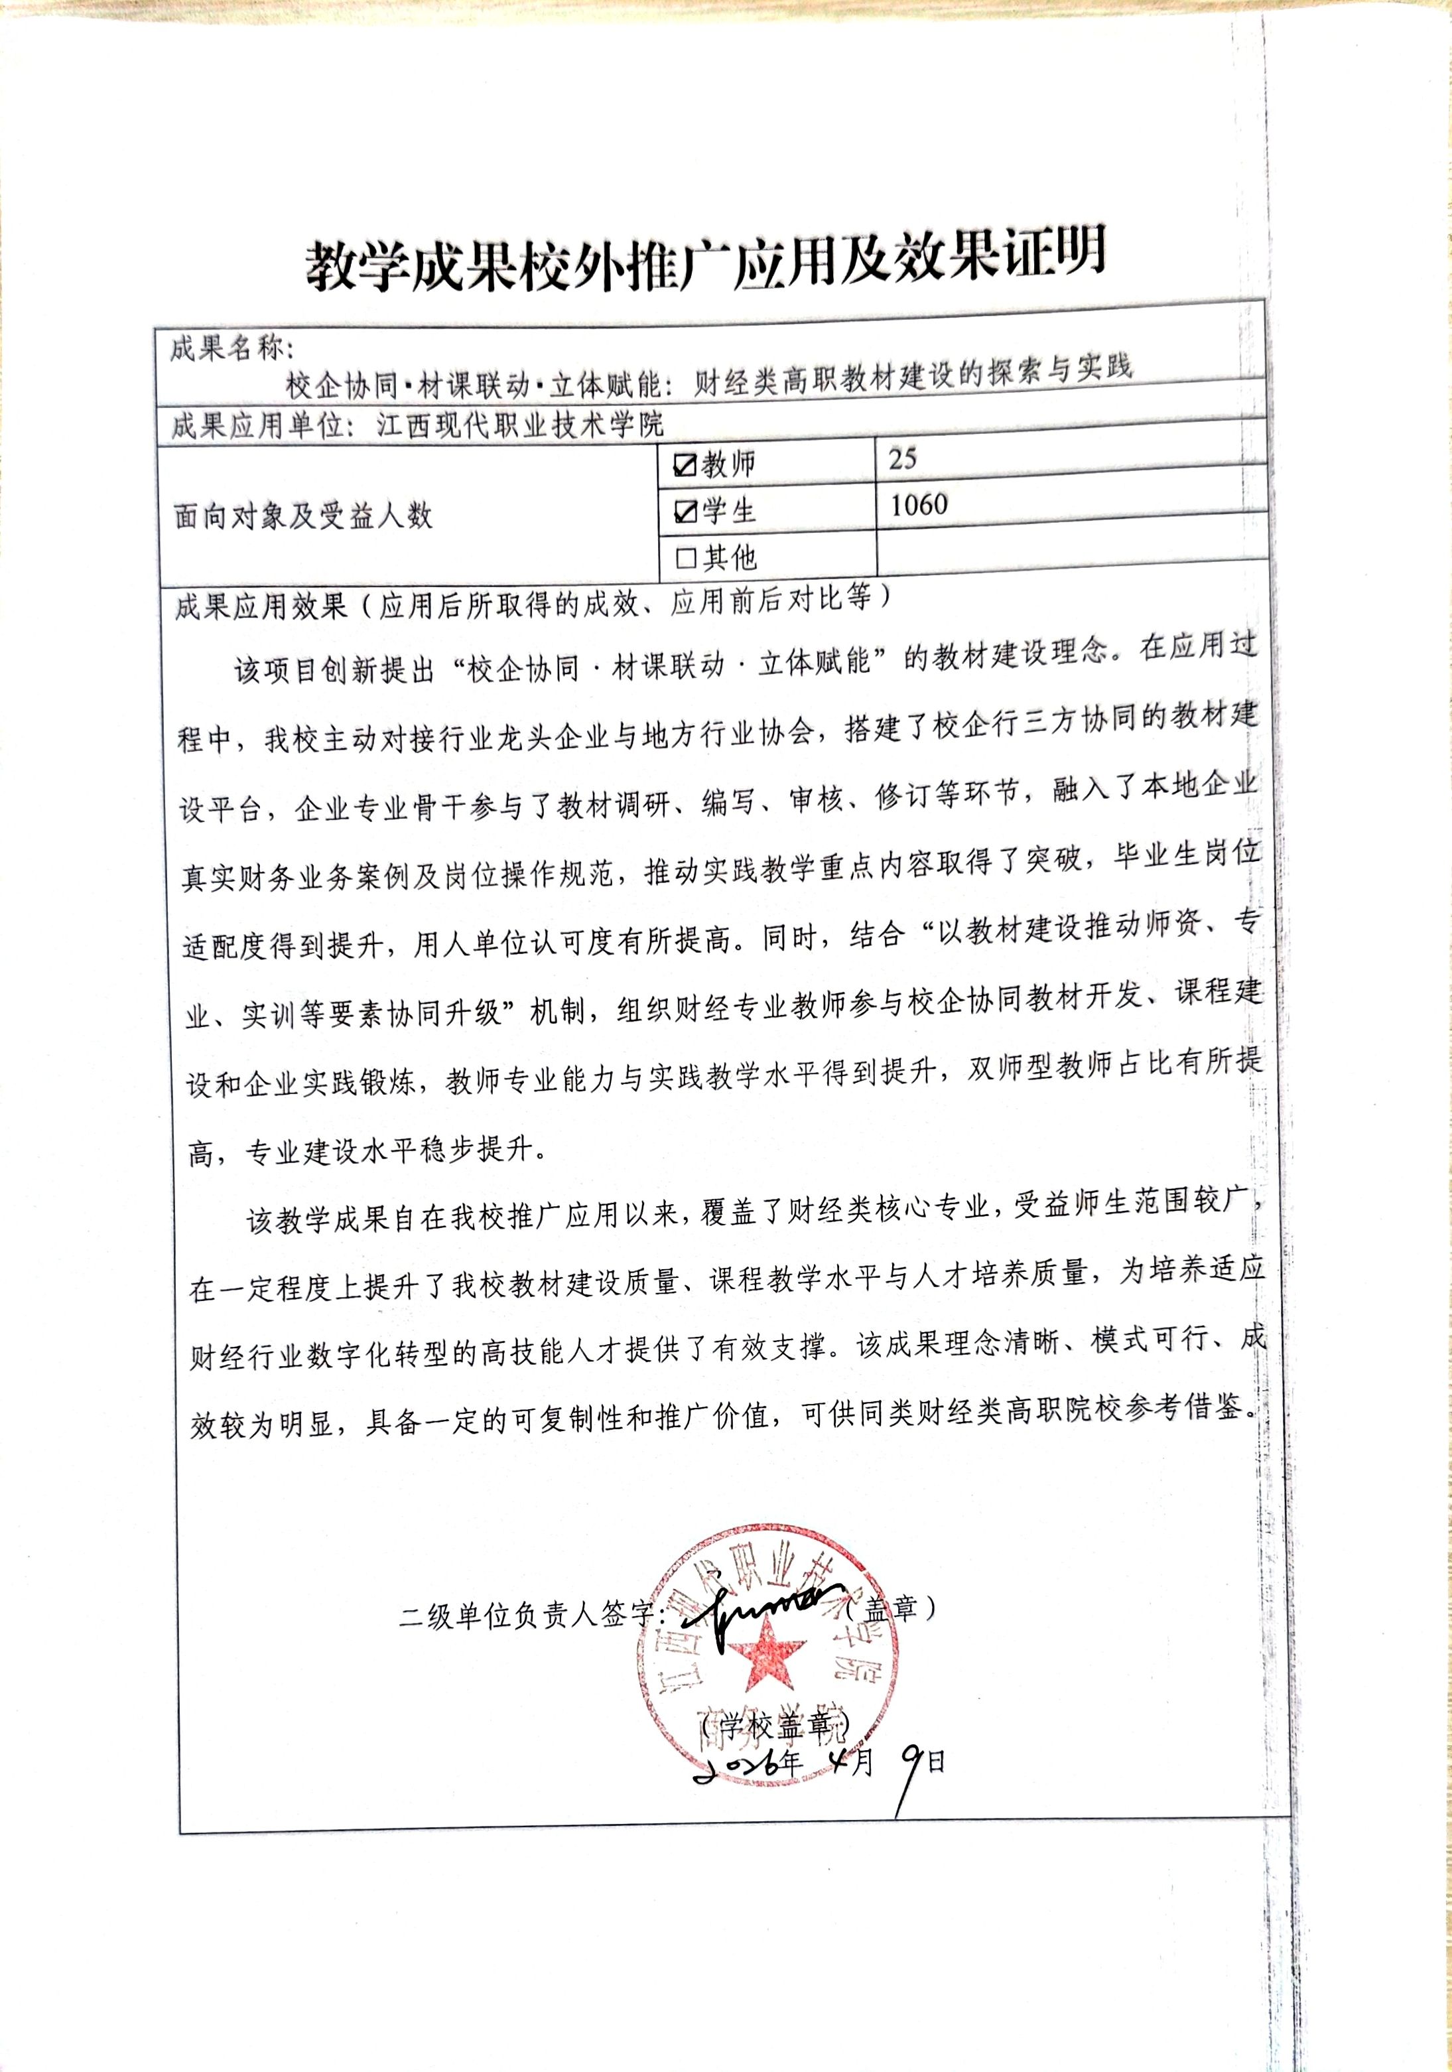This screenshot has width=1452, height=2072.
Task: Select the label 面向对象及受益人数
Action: pos(303,516)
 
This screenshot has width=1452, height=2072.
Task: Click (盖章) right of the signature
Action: pos(888,1608)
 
